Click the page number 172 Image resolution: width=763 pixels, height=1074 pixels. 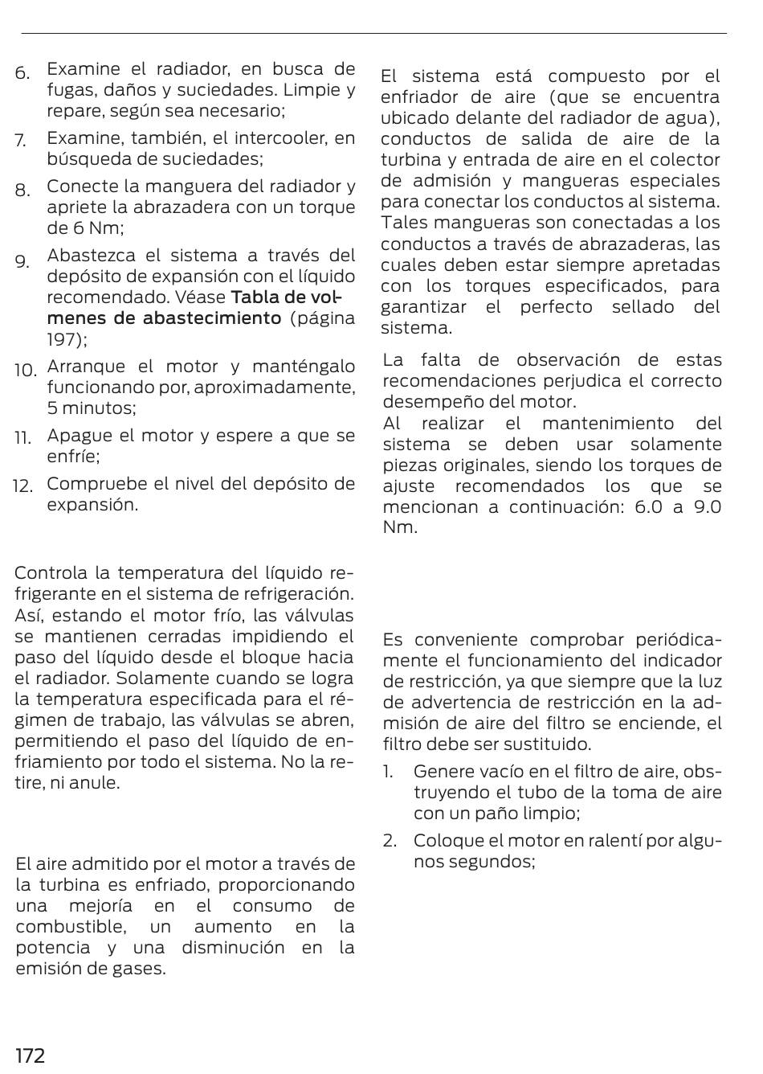[31, 1055]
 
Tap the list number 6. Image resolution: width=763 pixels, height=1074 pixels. [22, 73]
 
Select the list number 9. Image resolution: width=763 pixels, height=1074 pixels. [22, 261]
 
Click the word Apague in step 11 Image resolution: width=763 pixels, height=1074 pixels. [80, 436]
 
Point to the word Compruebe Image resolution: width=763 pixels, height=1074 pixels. [97, 484]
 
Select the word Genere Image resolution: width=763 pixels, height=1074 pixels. [441, 772]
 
